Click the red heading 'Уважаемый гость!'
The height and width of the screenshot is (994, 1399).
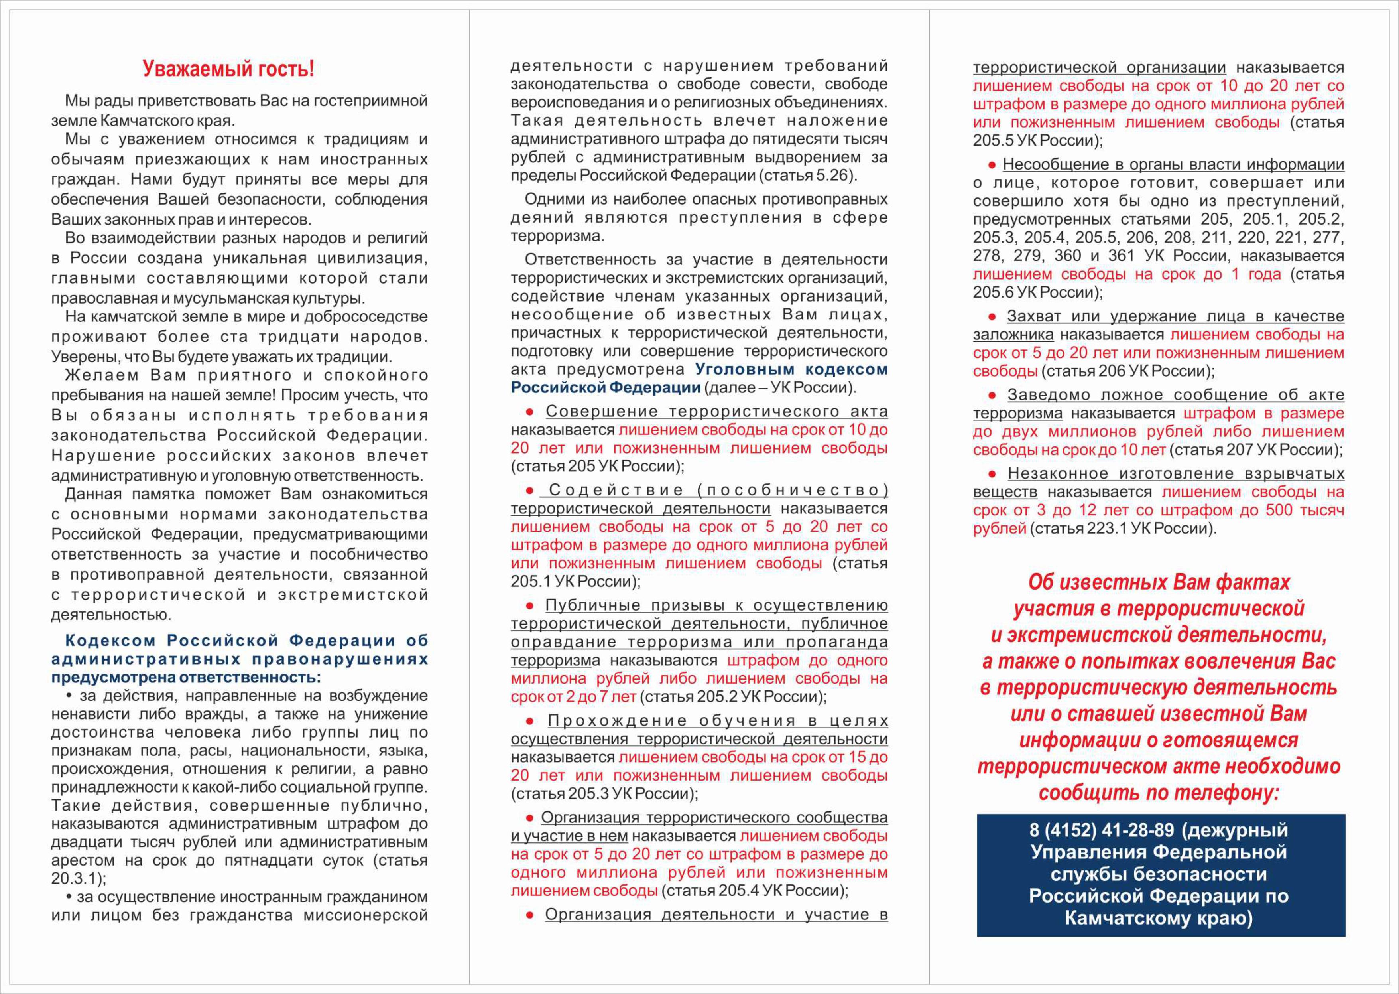[x=228, y=69]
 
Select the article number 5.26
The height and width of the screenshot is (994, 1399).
[x=834, y=176]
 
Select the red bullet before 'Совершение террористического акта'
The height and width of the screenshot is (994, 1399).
[x=530, y=412]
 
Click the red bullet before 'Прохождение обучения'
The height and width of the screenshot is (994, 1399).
[x=530, y=721]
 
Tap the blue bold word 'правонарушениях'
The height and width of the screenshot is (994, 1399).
[x=340, y=659]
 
